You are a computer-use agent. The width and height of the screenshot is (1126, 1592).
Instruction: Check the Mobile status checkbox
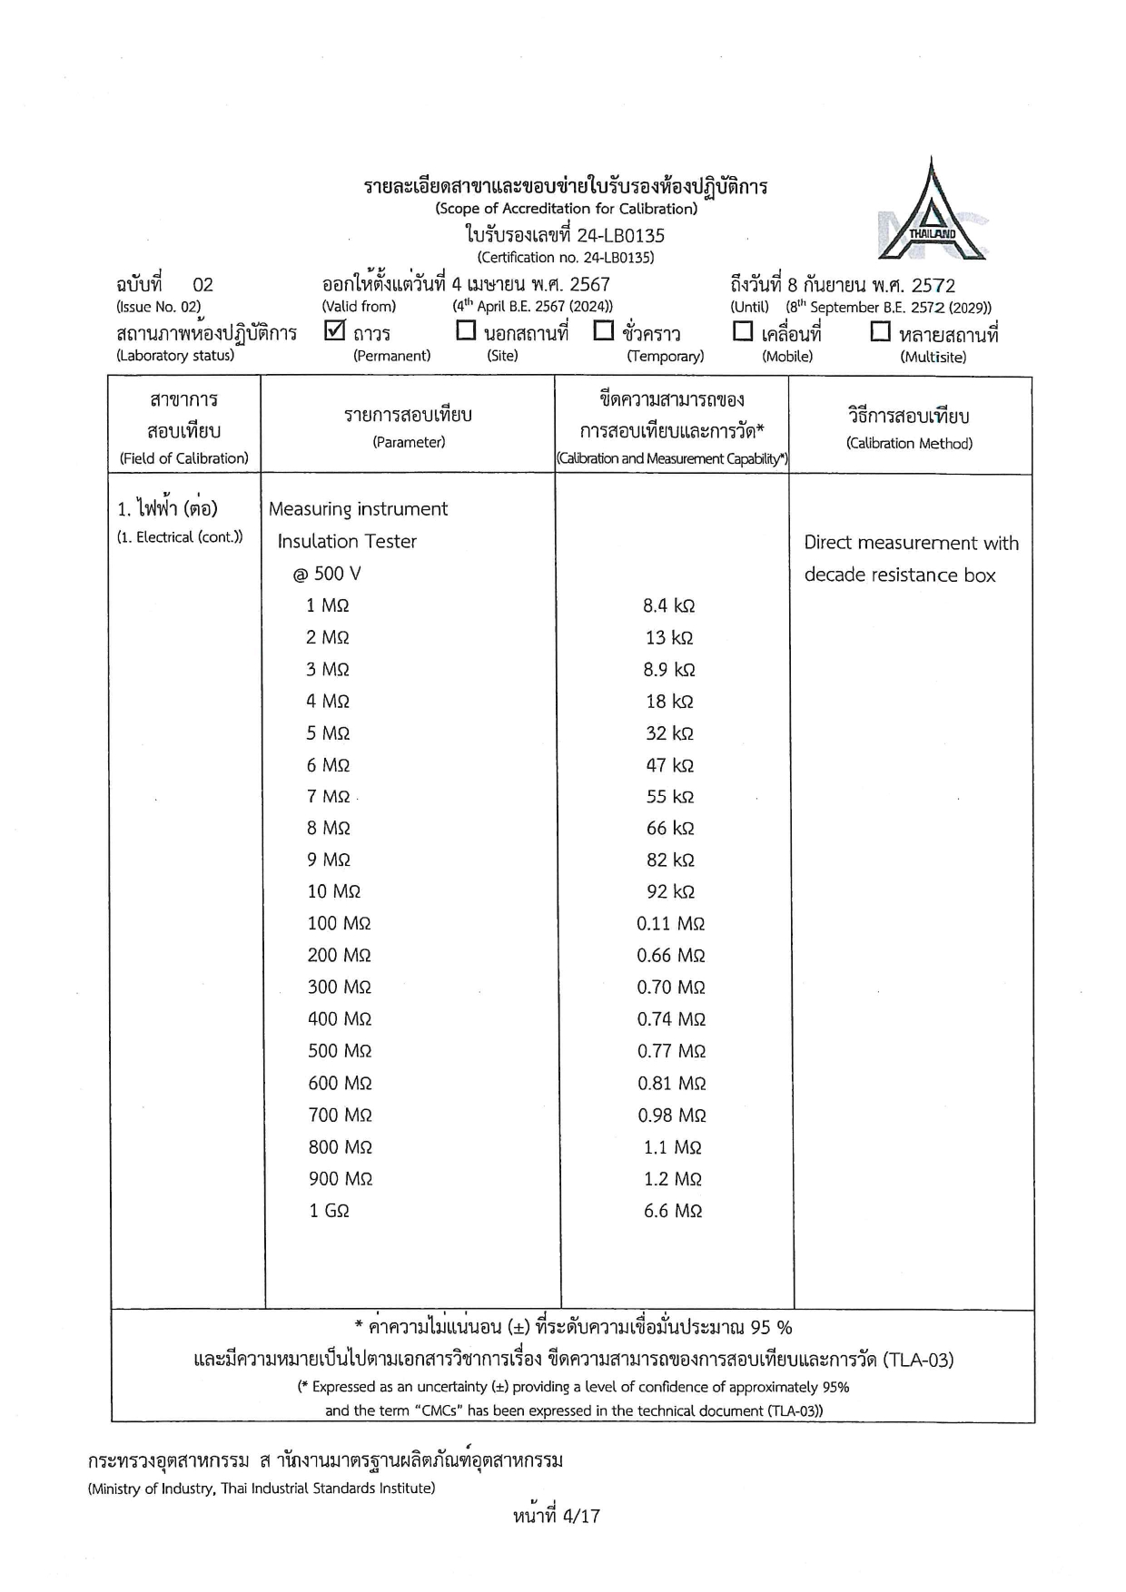[743, 331]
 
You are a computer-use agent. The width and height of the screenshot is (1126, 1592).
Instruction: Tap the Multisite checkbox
[880, 331]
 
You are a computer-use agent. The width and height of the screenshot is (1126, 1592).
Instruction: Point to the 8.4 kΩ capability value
[668, 605]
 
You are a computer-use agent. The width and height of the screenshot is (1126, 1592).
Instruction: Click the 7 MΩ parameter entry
[328, 796]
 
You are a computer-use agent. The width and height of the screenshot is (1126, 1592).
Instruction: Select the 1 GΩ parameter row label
[329, 1210]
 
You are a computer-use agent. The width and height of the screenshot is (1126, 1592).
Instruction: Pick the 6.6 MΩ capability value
[672, 1210]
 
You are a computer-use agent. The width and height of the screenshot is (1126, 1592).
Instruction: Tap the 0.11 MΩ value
[670, 923]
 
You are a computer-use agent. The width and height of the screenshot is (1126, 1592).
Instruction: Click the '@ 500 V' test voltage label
[326, 574]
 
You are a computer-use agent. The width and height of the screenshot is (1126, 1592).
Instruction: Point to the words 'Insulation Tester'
[347, 541]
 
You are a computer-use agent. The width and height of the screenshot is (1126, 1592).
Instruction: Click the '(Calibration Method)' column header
[909, 443]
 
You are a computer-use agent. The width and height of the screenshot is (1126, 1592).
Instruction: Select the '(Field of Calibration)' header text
[184, 458]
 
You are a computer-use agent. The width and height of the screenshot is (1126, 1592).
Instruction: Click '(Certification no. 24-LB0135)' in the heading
[565, 257]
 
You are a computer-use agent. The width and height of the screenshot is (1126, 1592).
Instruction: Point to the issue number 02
[202, 285]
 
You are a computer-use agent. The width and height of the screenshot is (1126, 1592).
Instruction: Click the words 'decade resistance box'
[900, 575]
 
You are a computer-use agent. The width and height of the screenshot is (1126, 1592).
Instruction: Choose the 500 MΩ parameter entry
[340, 1050]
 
